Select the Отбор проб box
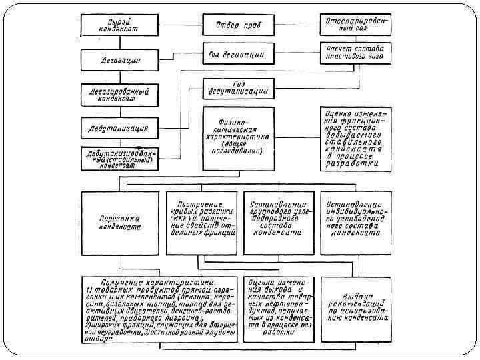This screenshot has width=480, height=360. coord(237,25)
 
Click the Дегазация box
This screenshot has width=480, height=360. coord(119,61)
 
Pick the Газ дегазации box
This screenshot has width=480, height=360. coord(237,53)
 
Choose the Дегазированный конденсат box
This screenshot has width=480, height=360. coord(119,94)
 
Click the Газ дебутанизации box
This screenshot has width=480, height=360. coord(237,87)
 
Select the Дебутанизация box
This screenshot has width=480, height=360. coord(119,127)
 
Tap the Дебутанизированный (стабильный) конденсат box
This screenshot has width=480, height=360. coord(119,159)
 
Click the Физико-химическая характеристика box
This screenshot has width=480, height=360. coord(238,137)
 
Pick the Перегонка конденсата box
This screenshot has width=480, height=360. coord(119,222)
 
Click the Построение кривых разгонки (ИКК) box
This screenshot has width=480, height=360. coord(201,222)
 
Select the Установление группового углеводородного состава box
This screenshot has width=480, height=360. coord(279,222)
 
